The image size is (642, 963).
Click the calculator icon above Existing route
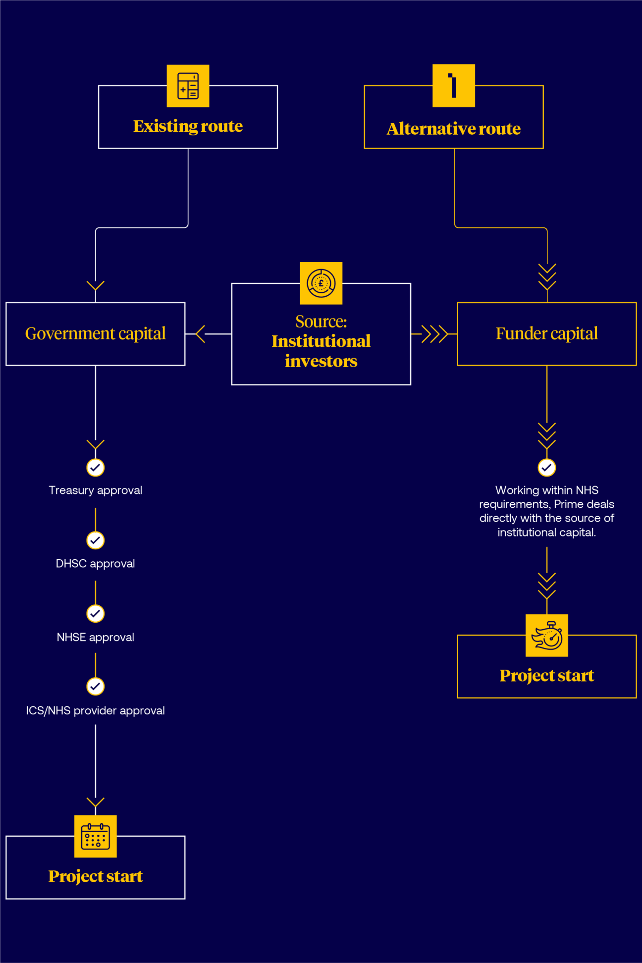click(188, 86)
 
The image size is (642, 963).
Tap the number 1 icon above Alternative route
click(453, 85)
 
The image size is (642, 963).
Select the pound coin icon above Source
click(321, 283)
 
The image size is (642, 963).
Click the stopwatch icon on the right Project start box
click(547, 636)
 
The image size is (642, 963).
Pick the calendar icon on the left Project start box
click(96, 836)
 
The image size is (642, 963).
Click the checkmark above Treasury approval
click(96, 467)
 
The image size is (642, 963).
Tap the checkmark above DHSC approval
click(96, 540)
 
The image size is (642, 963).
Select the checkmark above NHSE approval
click(96, 613)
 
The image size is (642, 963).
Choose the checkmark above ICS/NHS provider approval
click(96, 686)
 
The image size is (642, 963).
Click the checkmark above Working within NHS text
click(547, 467)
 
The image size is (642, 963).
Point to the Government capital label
click(96, 334)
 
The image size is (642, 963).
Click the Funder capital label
click(547, 334)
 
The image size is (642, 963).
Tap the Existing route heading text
click(188, 126)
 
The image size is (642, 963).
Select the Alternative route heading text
click(454, 129)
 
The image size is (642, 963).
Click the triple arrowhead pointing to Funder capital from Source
click(434, 334)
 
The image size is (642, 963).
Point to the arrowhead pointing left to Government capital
click(200, 334)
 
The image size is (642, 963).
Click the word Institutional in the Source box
click(321, 341)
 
